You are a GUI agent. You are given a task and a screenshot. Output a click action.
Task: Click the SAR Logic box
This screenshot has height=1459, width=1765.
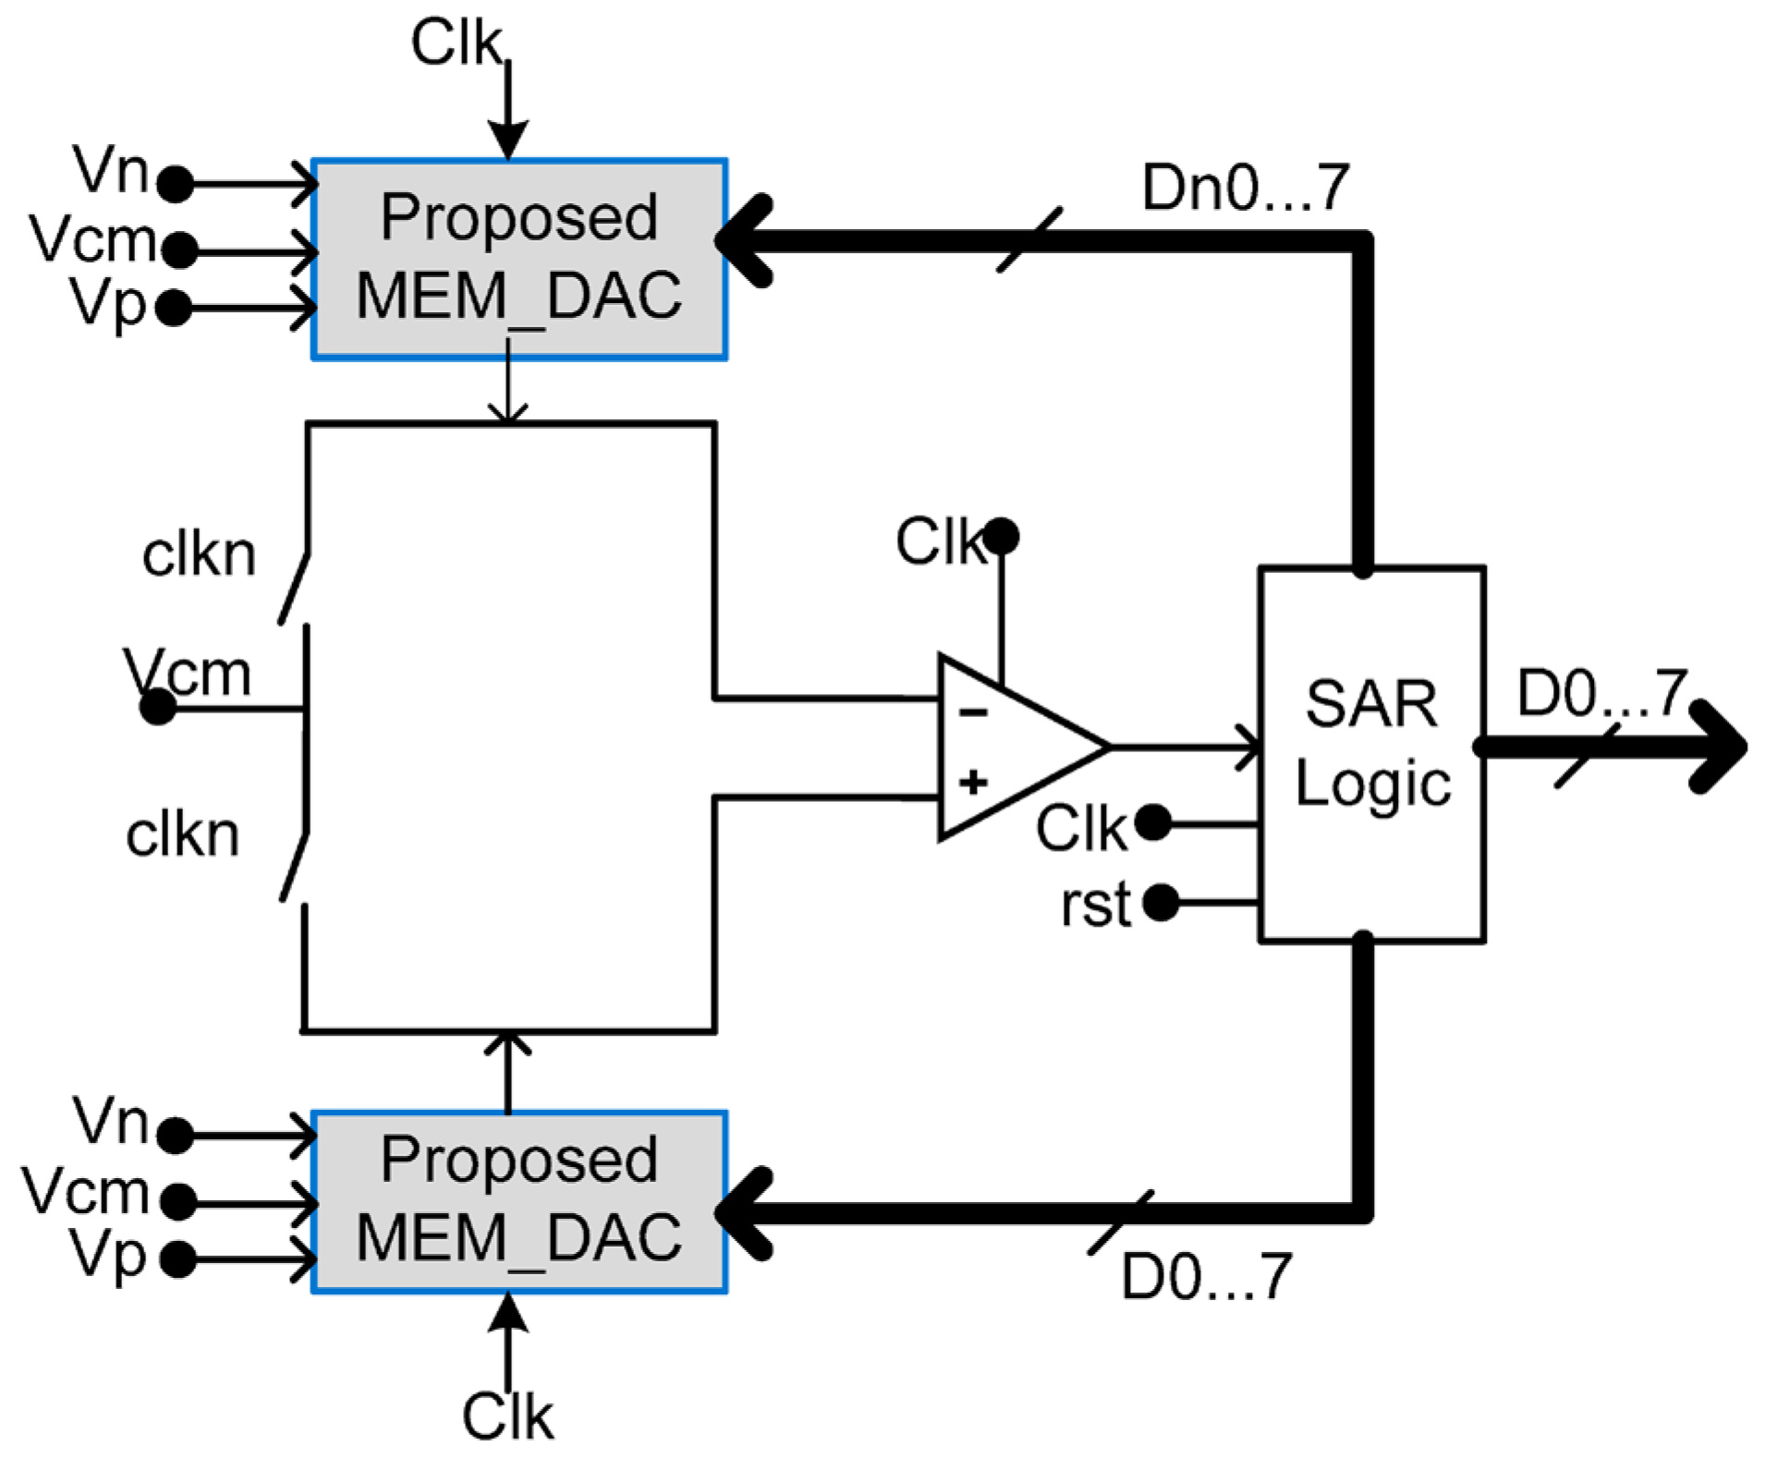point(1371,753)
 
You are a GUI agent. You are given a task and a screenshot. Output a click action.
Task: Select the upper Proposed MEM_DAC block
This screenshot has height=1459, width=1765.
point(519,259)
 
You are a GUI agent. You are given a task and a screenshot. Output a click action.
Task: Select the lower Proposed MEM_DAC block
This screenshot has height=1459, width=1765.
point(519,1201)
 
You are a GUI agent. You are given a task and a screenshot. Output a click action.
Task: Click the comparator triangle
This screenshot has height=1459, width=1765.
point(1024,747)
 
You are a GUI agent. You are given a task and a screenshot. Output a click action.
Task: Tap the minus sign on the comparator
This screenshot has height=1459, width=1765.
point(973,711)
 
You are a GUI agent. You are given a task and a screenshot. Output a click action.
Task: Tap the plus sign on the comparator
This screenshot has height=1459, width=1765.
point(973,783)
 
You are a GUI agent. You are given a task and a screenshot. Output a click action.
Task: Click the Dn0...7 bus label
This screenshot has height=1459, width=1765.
point(1246,188)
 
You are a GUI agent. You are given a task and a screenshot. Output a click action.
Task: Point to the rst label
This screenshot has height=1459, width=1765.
point(1095,904)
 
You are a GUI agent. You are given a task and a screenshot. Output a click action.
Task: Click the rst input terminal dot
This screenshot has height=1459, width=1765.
point(1161,902)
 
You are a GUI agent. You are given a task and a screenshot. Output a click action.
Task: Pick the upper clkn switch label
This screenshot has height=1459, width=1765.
point(199,554)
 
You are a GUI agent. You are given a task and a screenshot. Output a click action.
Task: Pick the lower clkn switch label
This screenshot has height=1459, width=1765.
point(182,834)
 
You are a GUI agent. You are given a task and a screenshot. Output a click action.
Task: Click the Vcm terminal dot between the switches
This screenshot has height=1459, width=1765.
point(158,708)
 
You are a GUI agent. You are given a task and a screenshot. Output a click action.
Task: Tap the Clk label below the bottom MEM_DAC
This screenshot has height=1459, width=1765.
point(507,1416)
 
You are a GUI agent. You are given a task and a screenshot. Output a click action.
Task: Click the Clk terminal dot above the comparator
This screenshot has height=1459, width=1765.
point(1001,536)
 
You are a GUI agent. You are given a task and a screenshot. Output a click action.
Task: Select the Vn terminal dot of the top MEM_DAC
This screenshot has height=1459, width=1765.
point(176,184)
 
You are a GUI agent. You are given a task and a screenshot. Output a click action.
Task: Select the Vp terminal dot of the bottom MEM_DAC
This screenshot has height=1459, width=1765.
point(177,1258)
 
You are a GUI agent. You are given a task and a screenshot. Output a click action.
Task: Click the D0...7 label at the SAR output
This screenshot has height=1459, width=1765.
point(1602,692)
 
